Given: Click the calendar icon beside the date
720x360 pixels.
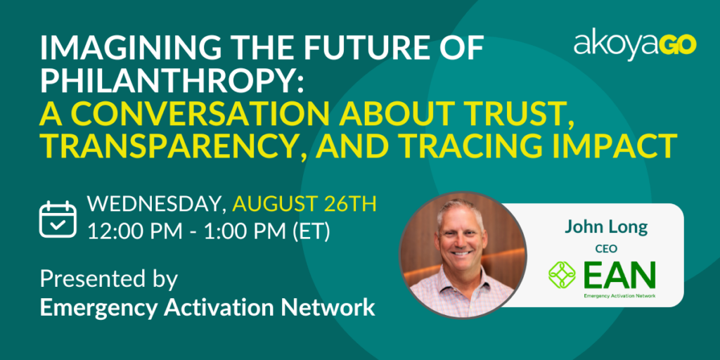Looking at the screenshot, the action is pyautogui.click(x=58, y=219).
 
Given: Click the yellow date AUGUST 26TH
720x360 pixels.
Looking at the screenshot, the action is pyautogui.click(x=304, y=205).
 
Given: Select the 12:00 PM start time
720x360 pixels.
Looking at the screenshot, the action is pyautogui.click(x=134, y=232).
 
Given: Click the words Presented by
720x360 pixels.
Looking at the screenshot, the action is pyautogui.click(x=109, y=279).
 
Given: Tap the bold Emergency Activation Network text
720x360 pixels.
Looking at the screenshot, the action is pyautogui.click(x=207, y=307).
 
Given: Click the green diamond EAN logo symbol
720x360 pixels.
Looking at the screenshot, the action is pyautogui.click(x=562, y=274).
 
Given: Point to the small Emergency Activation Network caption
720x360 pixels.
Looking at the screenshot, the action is pyautogui.click(x=619, y=296).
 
